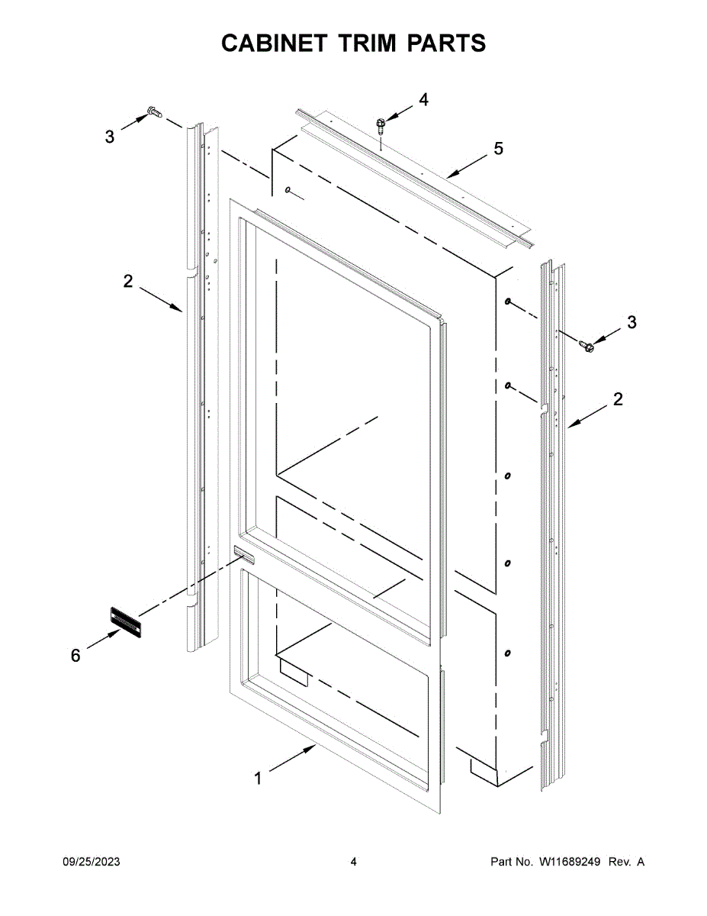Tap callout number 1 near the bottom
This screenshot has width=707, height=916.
pyautogui.click(x=258, y=779)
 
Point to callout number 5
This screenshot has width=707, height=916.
pyautogui.click(x=498, y=149)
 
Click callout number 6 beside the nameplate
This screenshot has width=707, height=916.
pyautogui.click(x=76, y=656)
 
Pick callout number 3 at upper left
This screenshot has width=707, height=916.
pyautogui.click(x=110, y=137)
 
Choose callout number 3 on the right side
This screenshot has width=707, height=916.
pyautogui.click(x=631, y=323)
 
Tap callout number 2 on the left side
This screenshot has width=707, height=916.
pyautogui.click(x=127, y=281)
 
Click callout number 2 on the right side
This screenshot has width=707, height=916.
pyautogui.click(x=617, y=398)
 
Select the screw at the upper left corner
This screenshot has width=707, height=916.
pyautogui.click(x=153, y=112)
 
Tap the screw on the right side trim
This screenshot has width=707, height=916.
pyautogui.click(x=587, y=347)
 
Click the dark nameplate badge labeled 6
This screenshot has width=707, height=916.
pyautogui.click(x=127, y=619)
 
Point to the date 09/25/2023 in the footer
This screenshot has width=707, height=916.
pyautogui.click(x=91, y=862)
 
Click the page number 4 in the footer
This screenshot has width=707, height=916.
pyautogui.click(x=353, y=862)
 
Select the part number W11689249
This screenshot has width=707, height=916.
pyautogui.click(x=571, y=862)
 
